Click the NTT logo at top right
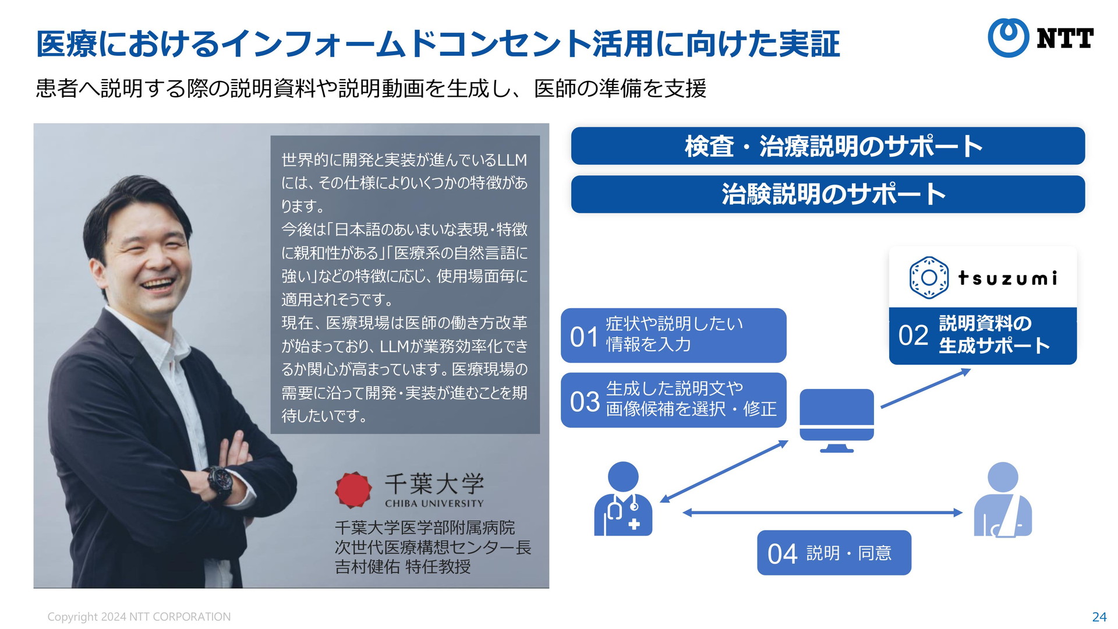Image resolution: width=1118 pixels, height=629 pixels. [1041, 38]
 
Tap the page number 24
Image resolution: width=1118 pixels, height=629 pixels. [1099, 617]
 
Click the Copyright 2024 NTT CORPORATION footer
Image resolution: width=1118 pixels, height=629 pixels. [139, 617]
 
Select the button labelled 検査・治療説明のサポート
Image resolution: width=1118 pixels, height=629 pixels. [827, 146]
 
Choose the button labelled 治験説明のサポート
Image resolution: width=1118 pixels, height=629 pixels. [827, 195]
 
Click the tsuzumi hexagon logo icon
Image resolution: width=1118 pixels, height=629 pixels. [929, 278]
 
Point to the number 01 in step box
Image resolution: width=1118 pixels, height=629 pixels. [584, 337]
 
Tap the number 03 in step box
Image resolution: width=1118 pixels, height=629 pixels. [584, 402]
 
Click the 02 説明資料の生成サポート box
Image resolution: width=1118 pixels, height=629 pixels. [982, 335]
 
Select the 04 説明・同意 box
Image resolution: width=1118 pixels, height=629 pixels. [834, 553]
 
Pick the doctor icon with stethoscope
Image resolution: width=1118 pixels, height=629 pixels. [623, 499]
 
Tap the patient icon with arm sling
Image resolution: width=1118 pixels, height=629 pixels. [1003, 499]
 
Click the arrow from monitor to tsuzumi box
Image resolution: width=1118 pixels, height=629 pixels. [926, 388]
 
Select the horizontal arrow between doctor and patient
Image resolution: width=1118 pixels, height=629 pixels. [822, 513]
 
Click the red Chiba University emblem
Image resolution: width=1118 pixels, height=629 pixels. [353, 489]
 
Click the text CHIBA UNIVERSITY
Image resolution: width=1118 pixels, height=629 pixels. [434, 503]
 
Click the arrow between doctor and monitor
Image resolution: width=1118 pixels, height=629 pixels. [724, 471]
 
